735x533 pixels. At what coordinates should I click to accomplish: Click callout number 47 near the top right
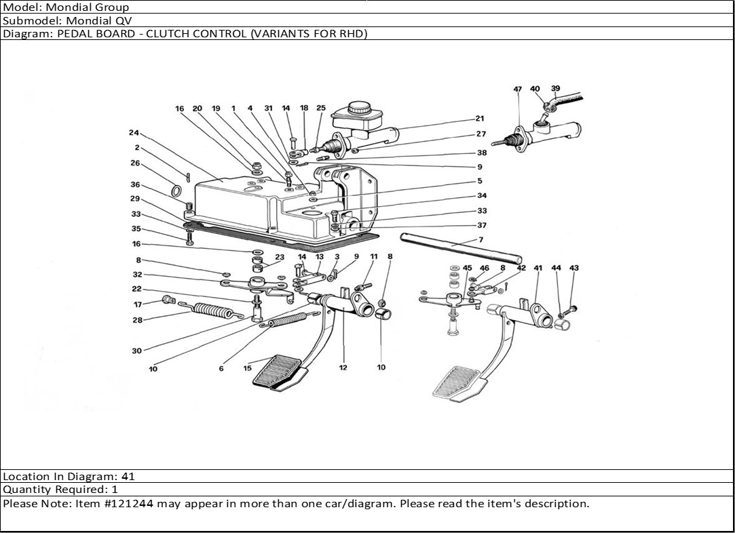tap(517, 90)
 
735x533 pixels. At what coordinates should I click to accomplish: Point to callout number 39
tap(555, 88)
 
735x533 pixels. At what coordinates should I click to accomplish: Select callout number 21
tap(480, 119)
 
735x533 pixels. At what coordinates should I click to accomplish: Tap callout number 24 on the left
tap(133, 133)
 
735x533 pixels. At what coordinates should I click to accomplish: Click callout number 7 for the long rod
tap(480, 239)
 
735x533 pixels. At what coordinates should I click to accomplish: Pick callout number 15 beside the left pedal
tap(248, 368)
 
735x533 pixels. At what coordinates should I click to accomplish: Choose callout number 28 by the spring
tap(138, 320)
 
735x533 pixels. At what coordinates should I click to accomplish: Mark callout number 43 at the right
tap(574, 269)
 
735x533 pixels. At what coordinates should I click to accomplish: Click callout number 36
tap(135, 184)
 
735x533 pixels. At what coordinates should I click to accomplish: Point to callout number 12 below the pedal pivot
tap(343, 368)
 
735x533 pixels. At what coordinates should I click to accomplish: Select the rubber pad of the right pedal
tap(458, 382)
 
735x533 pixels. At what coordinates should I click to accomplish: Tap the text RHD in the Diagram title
tap(352, 33)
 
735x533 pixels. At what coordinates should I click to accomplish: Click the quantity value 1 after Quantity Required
tap(115, 490)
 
